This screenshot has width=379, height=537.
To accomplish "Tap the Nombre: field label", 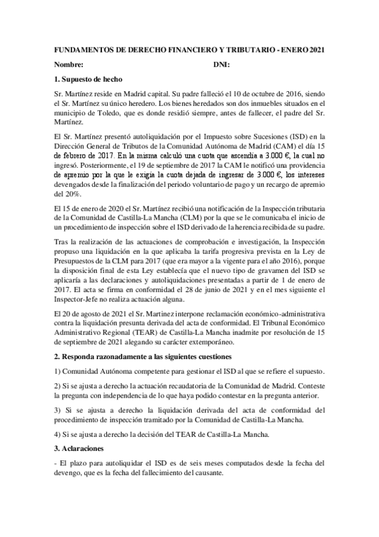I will tap(68, 65).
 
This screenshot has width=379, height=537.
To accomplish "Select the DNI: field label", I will tap(221, 65).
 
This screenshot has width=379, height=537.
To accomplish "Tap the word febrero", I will tap(74, 153).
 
